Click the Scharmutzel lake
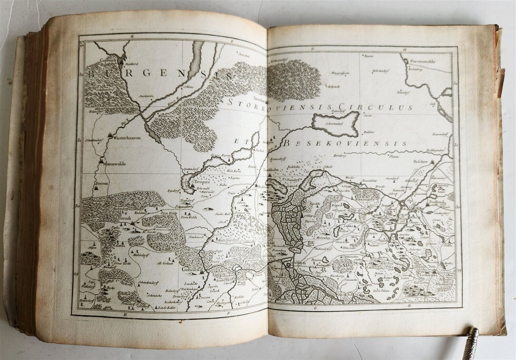coord(335,123)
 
